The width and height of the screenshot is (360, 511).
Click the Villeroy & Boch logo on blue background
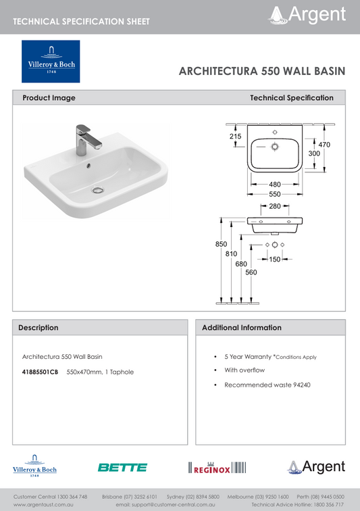pyautogui.click(x=51, y=62)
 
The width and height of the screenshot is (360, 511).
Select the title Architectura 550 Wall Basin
pyautogui.click(x=262, y=70)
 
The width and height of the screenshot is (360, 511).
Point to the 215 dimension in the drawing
pyautogui.click(x=235, y=137)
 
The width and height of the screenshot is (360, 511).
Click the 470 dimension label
pyautogui.click(x=324, y=145)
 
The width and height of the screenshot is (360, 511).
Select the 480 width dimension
pyautogui.click(x=274, y=184)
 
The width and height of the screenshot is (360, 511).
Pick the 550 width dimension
pyautogui.click(x=274, y=194)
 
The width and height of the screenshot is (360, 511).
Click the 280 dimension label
pyautogui.click(x=274, y=206)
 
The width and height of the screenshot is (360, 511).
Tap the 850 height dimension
pyautogui.click(x=222, y=244)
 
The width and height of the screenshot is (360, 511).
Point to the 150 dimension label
pyautogui.click(x=274, y=259)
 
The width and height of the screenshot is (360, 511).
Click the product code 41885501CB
pyautogui.click(x=41, y=372)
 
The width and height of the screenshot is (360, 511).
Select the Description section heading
pyautogui.click(x=38, y=327)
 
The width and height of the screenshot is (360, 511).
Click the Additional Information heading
pyautogui.click(x=242, y=327)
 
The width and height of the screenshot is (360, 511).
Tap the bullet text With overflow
pyautogui.click(x=245, y=370)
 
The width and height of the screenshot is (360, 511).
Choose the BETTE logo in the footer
pyautogui.click(x=122, y=467)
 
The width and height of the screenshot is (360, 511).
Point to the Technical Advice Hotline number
pyautogui.click(x=330, y=504)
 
